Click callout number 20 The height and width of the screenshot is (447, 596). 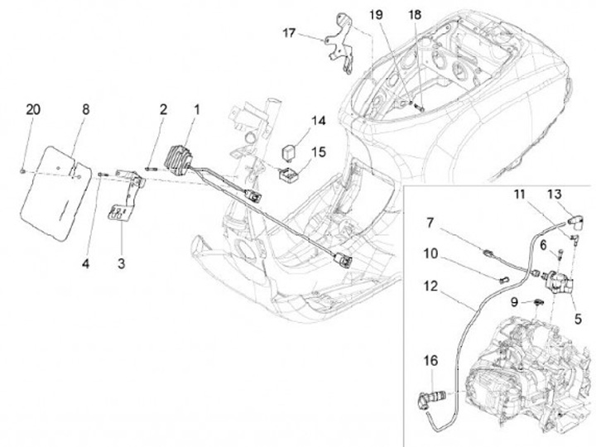coord(33,109)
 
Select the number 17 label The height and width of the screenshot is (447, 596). coord(289,33)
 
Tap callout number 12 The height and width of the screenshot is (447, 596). coord(430,286)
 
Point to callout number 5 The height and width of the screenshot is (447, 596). coord(578,319)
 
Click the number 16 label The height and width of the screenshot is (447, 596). coord(430,360)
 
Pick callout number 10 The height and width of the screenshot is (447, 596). coord(430,253)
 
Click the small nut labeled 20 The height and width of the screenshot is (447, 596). coord(22,171)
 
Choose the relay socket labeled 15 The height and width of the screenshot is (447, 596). coord(288,174)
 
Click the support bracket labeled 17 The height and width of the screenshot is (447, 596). coord(341,44)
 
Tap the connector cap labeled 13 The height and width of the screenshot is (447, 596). coord(575,219)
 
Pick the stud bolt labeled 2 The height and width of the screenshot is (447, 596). coord(151,169)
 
